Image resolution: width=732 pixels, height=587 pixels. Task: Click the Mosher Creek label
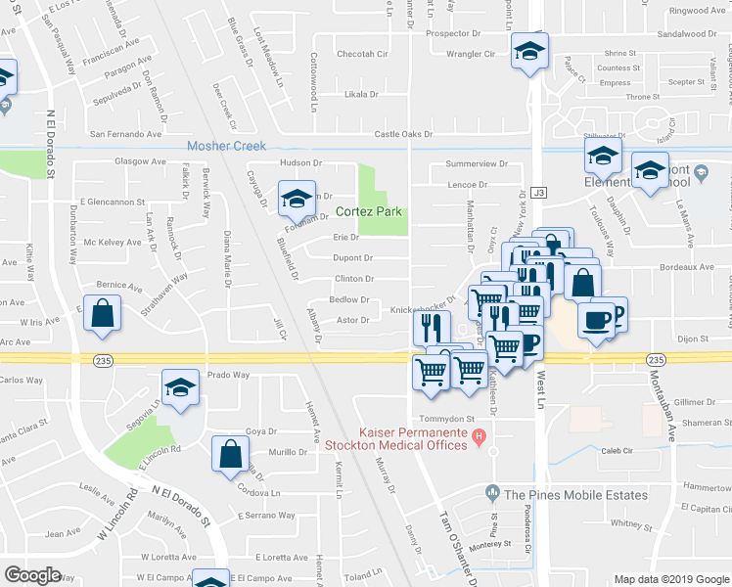[226, 147]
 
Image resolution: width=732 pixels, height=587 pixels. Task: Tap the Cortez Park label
[369, 211]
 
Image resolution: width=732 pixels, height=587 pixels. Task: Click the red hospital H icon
[479, 436]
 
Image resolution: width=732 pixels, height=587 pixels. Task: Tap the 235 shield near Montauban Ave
[656, 360]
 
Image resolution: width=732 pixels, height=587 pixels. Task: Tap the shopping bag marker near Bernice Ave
[103, 314]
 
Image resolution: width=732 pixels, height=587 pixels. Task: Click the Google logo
[33, 575]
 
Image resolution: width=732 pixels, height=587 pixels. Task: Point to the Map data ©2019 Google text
[670, 579]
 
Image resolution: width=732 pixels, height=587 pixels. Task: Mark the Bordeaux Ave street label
[684, 266]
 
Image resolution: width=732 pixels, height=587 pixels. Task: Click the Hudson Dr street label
[301, 162]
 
